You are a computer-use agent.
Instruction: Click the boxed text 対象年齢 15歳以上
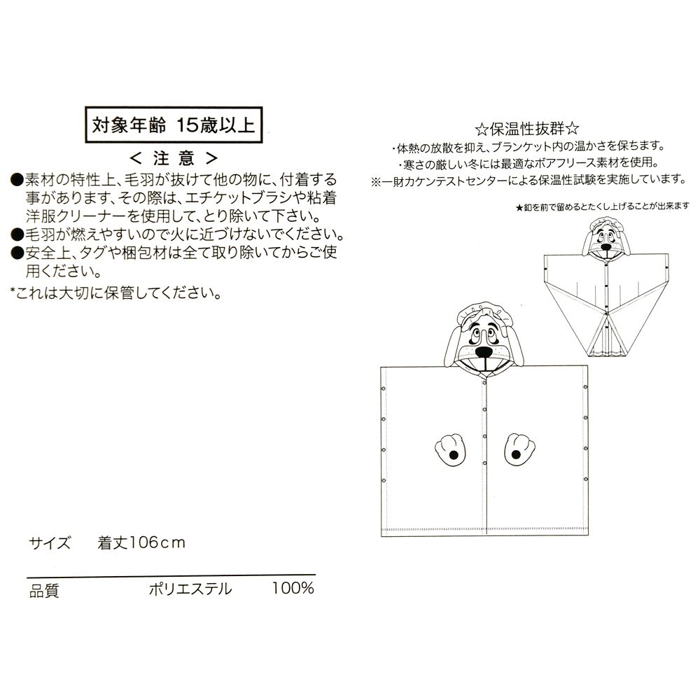(x=173, y=125)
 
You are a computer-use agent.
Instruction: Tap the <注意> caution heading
(x=174, y=158)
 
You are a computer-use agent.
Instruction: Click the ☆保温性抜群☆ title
(x=527, y=129)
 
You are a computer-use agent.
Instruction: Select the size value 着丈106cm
(x=141, y=543)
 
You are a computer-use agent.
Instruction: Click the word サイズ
(x=50, y=543)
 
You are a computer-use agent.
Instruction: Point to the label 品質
(x=43, y=590)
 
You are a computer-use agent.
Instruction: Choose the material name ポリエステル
(x=190, y=589)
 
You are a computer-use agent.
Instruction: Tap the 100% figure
(x=293, y=589)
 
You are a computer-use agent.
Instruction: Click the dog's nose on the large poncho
(x=483, y=352)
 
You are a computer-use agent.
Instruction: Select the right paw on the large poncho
(x=519, y=449)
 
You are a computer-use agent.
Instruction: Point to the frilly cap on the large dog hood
(x=480, y=312)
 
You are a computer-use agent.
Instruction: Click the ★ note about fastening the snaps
(x=602, y=206)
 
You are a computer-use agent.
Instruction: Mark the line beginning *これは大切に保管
(x=116, y=293)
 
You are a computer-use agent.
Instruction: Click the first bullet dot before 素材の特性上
(x=17, y=181)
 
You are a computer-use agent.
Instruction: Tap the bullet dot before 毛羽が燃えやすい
(x=17, y=234)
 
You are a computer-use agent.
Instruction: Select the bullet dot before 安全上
(x=17, y=253)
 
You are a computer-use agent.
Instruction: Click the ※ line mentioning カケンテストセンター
(x=528, y=181)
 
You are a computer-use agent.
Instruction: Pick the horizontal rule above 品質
(x=171, y=575)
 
